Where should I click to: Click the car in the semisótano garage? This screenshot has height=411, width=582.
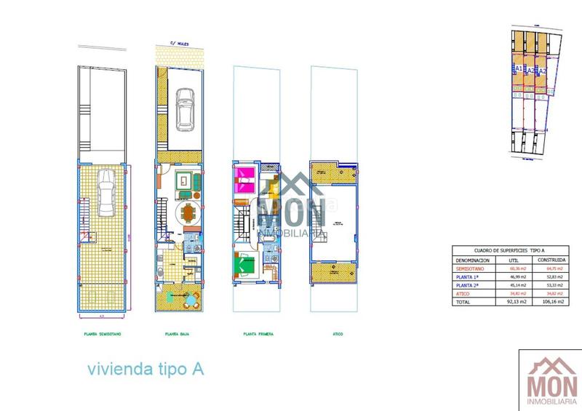coord(104,193)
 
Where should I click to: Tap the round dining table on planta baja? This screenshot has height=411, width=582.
coord(189,213)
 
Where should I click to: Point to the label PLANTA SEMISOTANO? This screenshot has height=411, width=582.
coord(102,335)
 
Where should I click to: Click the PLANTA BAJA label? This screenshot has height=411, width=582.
coord(180,335)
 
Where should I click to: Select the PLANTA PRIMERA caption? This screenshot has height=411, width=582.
coord(258,335)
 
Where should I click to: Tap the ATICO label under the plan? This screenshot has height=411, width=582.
coord(334,335)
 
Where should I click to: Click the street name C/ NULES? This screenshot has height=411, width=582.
coord(180,43)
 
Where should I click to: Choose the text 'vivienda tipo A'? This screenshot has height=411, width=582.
coord(145,369)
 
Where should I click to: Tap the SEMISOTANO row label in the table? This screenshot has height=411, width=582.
coord(473,268)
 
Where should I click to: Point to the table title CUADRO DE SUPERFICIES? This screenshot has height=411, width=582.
coord(510,249)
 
